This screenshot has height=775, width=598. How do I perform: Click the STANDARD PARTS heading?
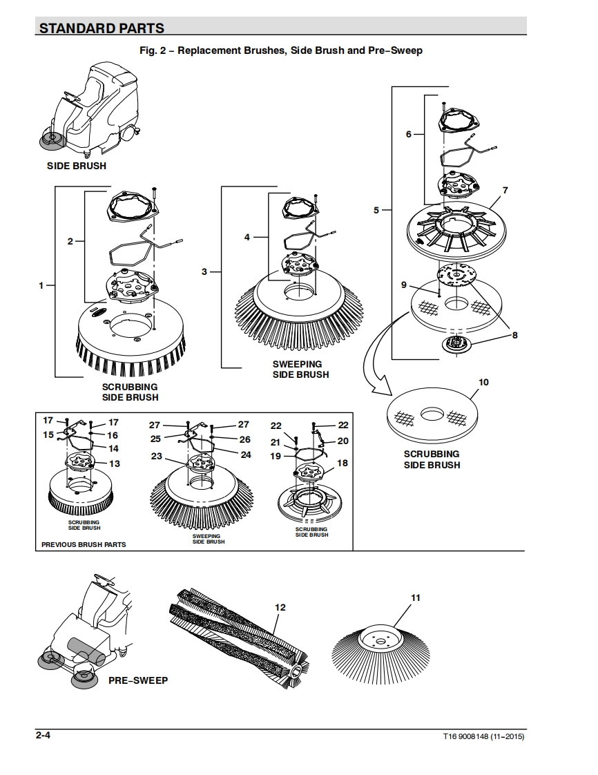102,28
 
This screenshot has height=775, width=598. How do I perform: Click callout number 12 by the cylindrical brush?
280,607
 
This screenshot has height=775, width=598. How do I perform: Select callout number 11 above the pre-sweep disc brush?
416,597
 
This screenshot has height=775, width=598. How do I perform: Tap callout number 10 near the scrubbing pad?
484,382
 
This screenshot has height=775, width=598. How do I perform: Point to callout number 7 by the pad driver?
505,190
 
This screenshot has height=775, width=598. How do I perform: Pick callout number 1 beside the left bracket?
41,285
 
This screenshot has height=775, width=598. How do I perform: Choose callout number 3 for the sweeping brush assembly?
204,272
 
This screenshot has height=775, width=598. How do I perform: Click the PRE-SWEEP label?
138,680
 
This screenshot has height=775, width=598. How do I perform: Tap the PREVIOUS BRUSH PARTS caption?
84,544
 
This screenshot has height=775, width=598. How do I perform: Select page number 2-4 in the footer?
43,735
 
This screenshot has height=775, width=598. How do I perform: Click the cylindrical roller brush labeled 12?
239,638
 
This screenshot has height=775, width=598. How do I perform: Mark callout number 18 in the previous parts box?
343,463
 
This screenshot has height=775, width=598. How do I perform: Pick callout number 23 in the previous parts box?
157,456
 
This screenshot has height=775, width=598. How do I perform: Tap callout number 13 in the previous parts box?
115,463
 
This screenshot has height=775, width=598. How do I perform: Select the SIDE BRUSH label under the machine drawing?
77,166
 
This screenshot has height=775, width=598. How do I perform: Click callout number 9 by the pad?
404,285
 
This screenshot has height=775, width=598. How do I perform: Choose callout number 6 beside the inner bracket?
409,134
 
